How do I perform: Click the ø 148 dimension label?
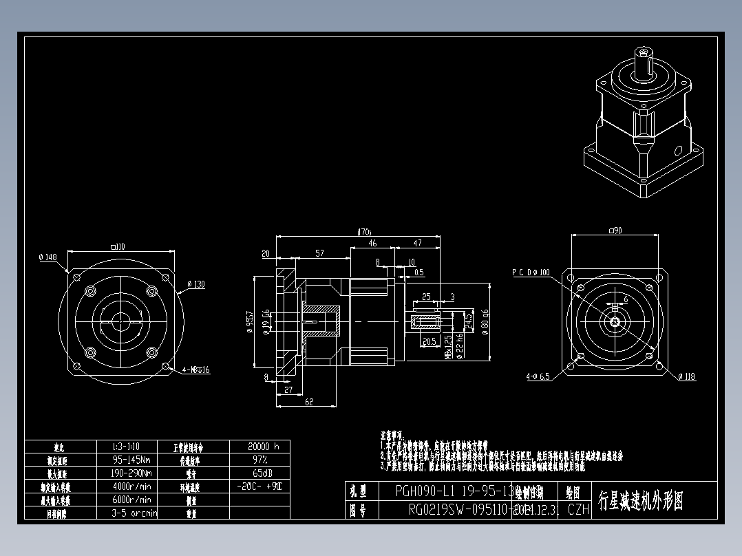tap(47, 257)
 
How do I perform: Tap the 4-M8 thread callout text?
tap(195, 370)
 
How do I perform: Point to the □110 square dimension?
tap(118, 246)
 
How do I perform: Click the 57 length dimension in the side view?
tap(319, 253)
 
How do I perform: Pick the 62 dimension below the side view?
tap(309, 403)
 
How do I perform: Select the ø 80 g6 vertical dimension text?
tap(486, 321)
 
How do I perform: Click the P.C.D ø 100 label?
tap(531, 272)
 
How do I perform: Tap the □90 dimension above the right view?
tap(615, 231)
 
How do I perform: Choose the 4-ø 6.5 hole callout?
tap(538, 376)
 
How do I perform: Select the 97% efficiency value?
tap(259, 459)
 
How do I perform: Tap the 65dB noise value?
tap(259, 473)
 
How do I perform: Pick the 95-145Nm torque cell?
tap(131, 459)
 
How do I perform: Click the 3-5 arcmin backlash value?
tap(134, 513)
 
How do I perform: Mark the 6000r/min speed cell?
tap(131, 500)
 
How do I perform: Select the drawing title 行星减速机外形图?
tap(641, 501)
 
